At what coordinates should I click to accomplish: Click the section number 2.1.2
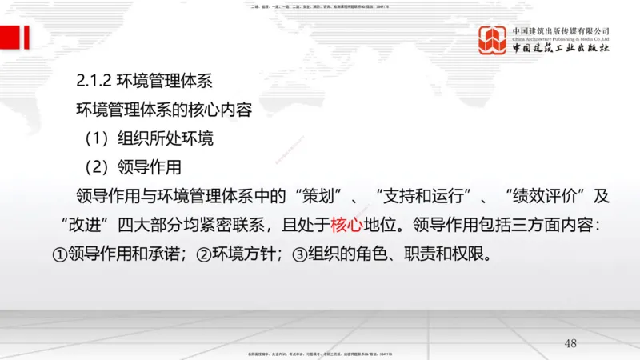pos(94,81)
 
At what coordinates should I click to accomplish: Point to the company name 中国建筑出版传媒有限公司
pos(561,31)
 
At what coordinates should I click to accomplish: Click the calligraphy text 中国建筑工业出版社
pos(561,49)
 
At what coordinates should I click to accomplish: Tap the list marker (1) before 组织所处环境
pos(98,138)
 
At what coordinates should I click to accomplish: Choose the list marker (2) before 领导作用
pos(98,167)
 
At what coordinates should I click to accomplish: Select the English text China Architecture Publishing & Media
pos(561,38)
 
